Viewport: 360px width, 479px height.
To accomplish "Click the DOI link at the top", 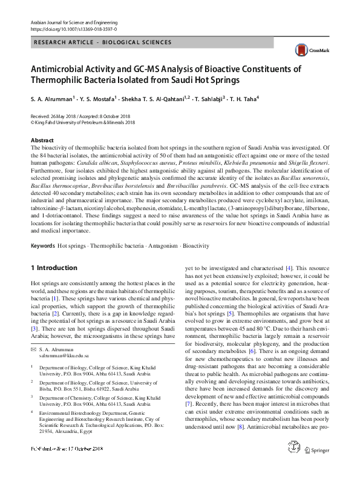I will tap(74, 28).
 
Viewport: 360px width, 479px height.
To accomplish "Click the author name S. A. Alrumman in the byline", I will tap(52, 98).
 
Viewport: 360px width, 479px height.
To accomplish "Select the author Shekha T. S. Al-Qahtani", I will tap(153, 98).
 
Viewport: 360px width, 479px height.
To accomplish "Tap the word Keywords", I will tap(42, 246).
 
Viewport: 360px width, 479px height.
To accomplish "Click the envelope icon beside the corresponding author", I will tap(34, 350).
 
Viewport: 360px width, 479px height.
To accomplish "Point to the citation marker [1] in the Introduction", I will tap(54, 299).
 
